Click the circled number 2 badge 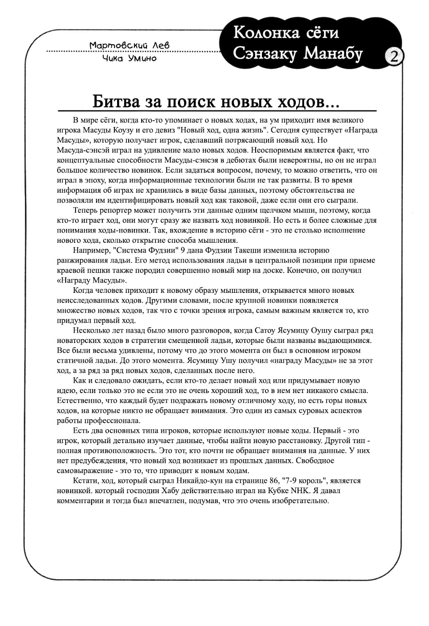(394, 57)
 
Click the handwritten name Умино (142, 58)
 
